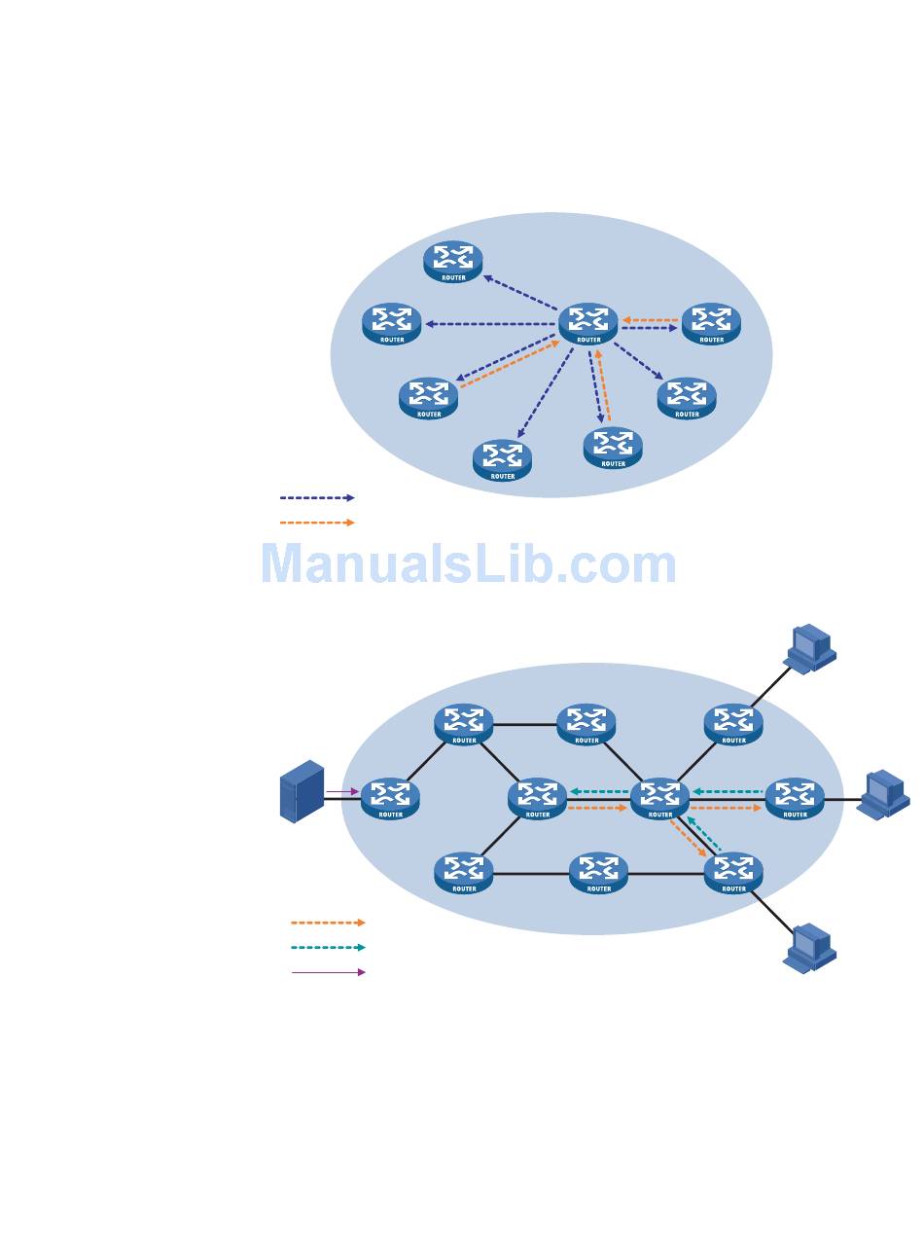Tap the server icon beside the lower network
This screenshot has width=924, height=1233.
click(x=302, y=791)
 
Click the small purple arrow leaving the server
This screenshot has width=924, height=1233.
click(x=342, y=791)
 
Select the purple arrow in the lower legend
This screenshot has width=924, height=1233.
click(x=328, y=971)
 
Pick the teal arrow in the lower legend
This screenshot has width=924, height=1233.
click(x=328, y=947)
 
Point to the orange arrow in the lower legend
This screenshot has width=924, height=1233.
click(x=328, y=923)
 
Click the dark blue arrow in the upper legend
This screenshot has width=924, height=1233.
click(x=317, y=497)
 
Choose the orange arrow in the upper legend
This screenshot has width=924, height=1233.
click(x=317, y=523)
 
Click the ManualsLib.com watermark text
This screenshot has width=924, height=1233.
click(x=468, y=564)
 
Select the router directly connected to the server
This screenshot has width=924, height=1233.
click(x=390, y=797)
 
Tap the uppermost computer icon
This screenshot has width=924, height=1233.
click(x=810, y=648)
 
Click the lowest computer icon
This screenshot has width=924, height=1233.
click(x=810, y=948)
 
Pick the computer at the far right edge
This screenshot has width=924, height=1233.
click(x=883, y=793)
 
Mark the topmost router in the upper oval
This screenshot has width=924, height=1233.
click(x=453, y=261)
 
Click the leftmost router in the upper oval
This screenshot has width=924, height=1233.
click(x=391, y=323)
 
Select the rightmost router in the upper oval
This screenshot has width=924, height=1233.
click(x=711, y=323)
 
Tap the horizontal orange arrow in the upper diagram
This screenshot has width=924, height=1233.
click(x=650, y=319)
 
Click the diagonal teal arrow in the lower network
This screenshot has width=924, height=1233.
click(x=704, y=835)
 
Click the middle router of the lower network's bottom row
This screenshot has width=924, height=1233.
click(x=599, y=872)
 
